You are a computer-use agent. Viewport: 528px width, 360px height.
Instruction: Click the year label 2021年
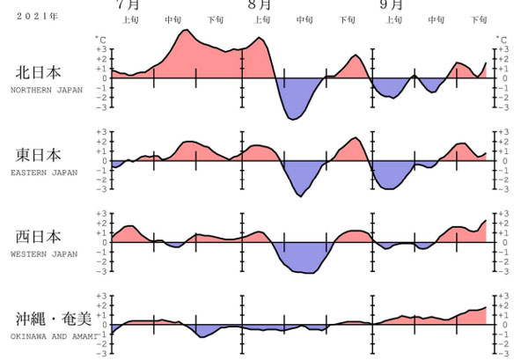click(x=31, y=16)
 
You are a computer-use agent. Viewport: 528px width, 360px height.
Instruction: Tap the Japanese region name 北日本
click(x=38, y=73)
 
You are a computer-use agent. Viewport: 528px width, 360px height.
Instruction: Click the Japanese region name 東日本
click(x=38, y=155)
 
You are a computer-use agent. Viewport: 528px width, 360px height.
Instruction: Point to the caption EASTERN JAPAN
click(x=40, y=172)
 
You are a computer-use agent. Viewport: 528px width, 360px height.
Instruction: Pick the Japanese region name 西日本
click(x=38, y=237)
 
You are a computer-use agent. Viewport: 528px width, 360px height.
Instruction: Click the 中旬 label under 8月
click(x=304, y=18)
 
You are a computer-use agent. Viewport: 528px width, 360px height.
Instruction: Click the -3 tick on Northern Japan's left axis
click(x=103, y=108)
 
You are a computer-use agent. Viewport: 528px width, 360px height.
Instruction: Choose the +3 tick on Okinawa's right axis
click(x=503, y=296)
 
